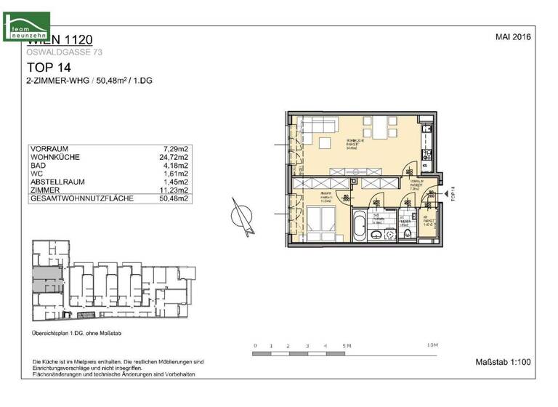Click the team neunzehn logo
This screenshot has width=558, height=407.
(26, 26)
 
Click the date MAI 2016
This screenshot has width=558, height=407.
(514, 36)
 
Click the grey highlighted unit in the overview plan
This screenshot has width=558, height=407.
(43, 275)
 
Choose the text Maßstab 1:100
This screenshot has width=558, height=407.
(503, 361)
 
